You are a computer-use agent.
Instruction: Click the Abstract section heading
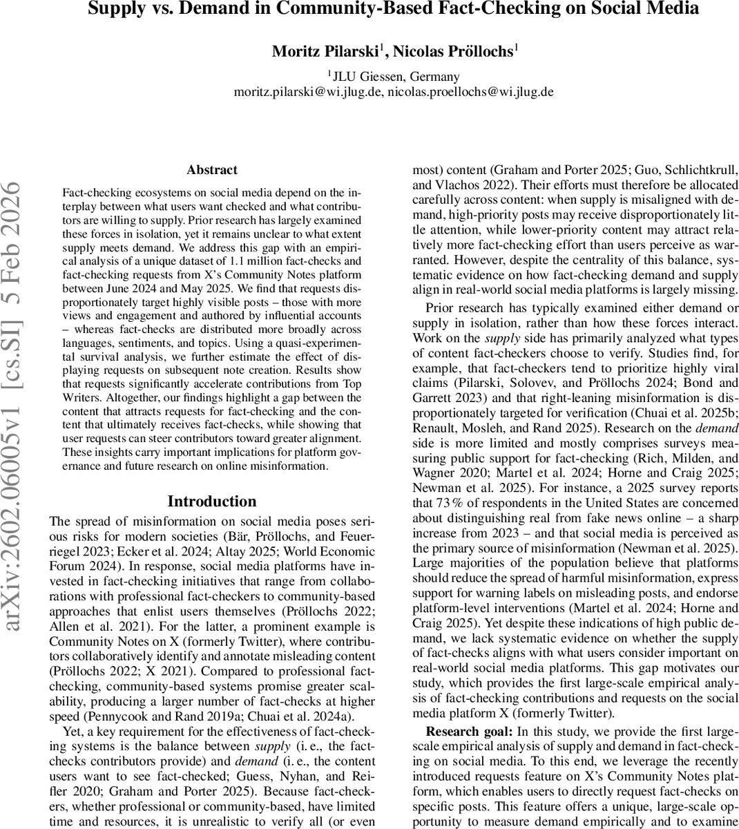click(211, 170)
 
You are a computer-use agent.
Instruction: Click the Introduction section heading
click(211, 502)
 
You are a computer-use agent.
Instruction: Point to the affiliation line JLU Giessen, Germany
click(394, 77)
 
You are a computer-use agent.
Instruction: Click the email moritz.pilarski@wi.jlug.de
click(307, 92)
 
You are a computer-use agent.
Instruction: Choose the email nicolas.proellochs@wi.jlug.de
click(470, 92)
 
